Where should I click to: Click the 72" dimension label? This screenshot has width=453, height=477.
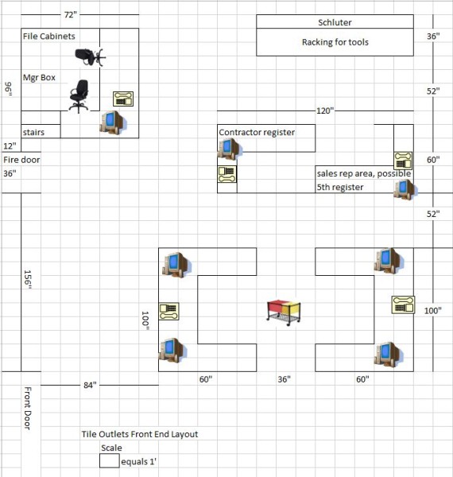71,14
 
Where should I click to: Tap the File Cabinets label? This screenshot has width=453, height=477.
49,37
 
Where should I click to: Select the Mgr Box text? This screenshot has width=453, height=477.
39,78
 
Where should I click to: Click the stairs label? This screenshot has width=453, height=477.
33,132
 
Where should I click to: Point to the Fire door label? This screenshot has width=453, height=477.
21,160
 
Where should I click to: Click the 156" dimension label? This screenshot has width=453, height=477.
28,280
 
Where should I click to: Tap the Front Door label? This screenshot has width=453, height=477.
28,409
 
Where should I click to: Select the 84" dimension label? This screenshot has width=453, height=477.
90,385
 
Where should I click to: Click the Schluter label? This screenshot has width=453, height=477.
335,22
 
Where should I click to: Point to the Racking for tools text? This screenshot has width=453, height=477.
335,42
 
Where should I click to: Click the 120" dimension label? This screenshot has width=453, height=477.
325,111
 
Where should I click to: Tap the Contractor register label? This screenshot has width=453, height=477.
257,132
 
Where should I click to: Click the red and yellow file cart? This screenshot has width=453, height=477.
284,312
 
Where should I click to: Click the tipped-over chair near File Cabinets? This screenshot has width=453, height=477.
91,57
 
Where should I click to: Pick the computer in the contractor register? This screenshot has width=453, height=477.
229,149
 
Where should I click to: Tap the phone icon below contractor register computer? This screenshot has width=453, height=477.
227,174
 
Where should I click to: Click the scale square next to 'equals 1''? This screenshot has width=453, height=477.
110,460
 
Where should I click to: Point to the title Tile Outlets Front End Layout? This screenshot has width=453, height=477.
140,434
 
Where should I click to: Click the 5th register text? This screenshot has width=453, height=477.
340,187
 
